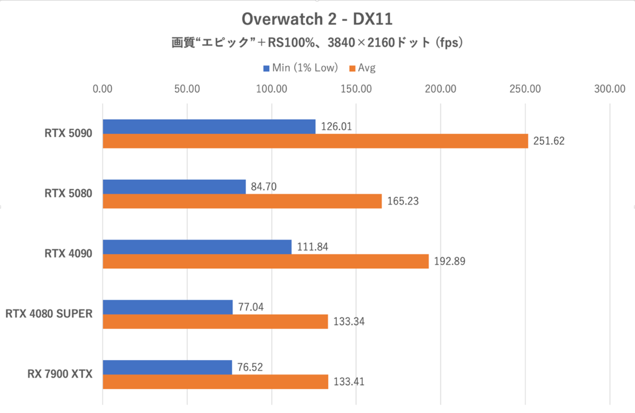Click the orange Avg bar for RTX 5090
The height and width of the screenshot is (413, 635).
[315, 141]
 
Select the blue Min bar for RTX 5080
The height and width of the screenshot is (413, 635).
[174, 187]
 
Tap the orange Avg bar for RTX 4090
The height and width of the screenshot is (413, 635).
[265, 261]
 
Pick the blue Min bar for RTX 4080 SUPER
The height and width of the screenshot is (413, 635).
[167, 307]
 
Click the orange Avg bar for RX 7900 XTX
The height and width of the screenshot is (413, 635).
[215, 381]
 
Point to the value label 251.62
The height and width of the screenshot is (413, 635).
[549, 141]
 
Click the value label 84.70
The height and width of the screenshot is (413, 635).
[264, 187]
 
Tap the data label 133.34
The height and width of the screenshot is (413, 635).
[349, 321]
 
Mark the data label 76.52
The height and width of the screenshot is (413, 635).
[251, 367]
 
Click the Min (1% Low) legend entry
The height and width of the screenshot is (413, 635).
[300, 68]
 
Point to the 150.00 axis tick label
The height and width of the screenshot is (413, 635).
[356, 89]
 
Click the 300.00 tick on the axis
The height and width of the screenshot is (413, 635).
[610, 89]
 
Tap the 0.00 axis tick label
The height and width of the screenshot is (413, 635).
[103, 89]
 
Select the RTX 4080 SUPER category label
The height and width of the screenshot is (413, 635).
[49, 314]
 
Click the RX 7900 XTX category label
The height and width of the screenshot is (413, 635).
[60, 374]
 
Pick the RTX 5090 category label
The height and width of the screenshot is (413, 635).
[68, 134]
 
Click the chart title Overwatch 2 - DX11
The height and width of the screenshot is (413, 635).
[317, 20]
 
